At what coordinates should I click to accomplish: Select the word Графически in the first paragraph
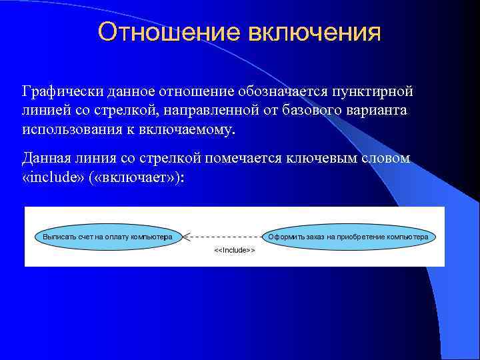click(x=57, y=90)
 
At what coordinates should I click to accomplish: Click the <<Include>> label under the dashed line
click(x=234, y=251)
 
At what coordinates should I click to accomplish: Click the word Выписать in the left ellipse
click(x=57, y=237)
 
